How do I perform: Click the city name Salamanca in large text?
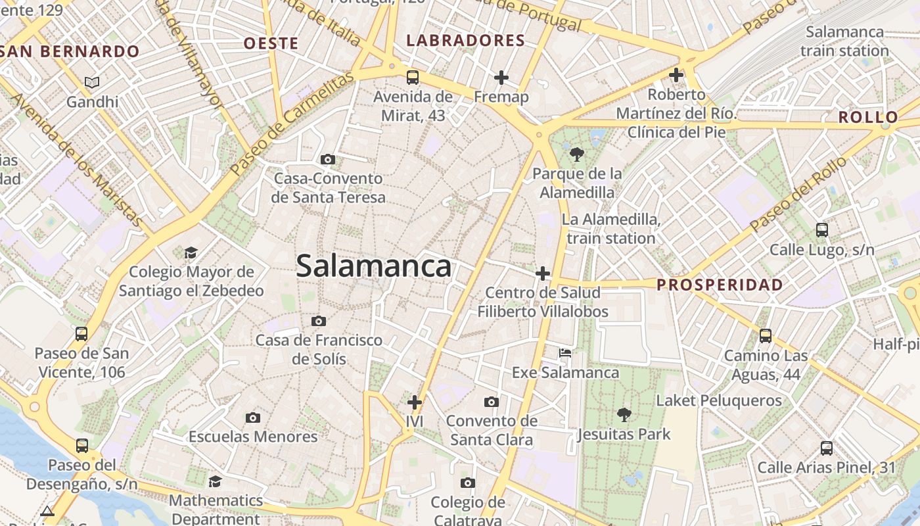(x=373, y=266)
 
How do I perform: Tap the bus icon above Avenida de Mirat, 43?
(x=413, y=78)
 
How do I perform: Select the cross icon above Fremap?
(x=501, y=78)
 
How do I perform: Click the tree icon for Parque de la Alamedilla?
(x=577, y=155)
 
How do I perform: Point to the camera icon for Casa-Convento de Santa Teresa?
(x=328, y=159)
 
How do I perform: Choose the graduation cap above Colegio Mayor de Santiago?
(x=191, y=252)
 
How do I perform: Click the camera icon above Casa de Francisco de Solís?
(x=319, y=321)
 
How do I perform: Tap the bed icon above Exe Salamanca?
(x=565, y=353)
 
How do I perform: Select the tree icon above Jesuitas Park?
(x=624, y=414)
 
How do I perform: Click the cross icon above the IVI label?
(x=415, y=402)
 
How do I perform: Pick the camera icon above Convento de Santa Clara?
(x=491, y=402)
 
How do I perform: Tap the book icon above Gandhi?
(x=93, y=82)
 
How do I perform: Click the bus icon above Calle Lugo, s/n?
(x=822, y=229)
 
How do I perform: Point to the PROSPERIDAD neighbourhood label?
(x=720, y=285)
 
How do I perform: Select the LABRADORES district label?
(x=466, y=41)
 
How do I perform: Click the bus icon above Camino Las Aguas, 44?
(x=766, y=336)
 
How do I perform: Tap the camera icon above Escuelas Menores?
(x=253, y=418)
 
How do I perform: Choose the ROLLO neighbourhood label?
(x=868, y=118)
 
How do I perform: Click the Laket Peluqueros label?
(x=719, y=400)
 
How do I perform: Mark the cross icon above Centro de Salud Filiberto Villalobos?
(x=543, y=273)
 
